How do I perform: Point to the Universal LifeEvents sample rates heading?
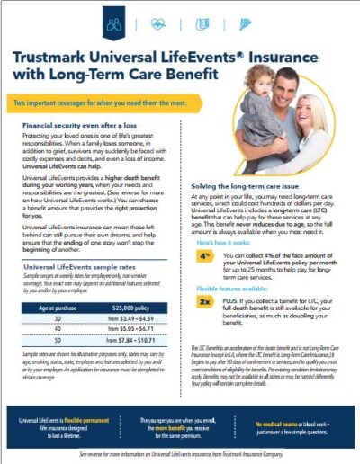click(80, 267)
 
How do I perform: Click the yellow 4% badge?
click(205, 255)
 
